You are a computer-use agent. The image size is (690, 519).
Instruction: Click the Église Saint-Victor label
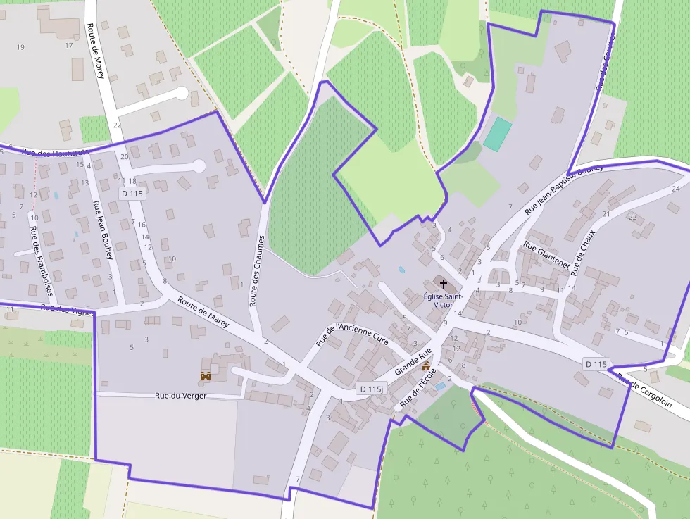pos(443,301)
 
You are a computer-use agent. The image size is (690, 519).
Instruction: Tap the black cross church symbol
pos(444,284)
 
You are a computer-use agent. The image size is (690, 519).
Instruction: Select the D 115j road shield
pos(371,389)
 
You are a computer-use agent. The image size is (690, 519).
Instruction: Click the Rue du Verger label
pos(181,396)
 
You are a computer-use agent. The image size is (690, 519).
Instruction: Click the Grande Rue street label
pos(413,362)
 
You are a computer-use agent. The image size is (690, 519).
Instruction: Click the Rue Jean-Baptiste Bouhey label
pos(564,189)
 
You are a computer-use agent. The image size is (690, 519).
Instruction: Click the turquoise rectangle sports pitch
pos(498,134)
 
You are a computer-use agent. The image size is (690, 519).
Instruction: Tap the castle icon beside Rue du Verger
pos(206,377)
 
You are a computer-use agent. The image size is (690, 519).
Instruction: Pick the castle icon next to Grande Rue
pos(425,366)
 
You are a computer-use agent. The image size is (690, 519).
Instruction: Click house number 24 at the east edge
pos(676,189)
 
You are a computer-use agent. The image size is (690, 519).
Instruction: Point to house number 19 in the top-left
pos(20,47)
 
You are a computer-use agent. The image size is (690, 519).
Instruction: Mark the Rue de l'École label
pos(419,389)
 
